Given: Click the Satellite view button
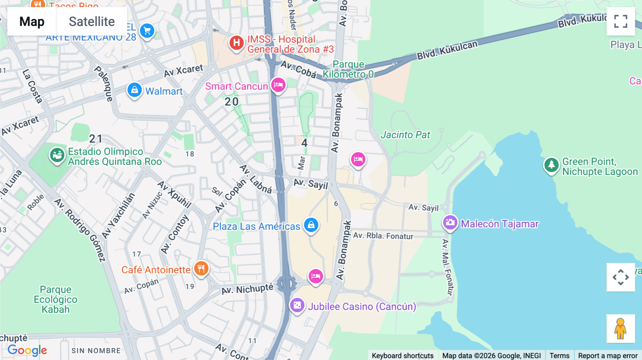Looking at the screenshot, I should [x=92, y=21].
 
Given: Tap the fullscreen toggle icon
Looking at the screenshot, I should [x=621, y=21].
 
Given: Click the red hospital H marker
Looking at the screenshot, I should [x=236, y=43].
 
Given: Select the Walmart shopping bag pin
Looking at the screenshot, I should [x=134, y=90].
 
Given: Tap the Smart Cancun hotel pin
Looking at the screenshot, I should [x=278, y=85].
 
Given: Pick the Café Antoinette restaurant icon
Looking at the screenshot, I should [x=201, y=268].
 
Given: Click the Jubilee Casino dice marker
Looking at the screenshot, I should [x=297, y=305].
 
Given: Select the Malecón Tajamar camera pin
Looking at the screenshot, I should [x=450, y=223].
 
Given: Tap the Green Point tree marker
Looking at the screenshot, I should [x=551, y=165].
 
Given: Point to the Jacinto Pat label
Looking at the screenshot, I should [x=405, y=135].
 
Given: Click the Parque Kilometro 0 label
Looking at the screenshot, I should [x=348, y=69].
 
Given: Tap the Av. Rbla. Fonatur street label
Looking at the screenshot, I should [x=383, y=236].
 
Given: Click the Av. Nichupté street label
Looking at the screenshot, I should [x=247, y=289].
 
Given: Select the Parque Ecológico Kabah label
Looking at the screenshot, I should [x=55, y=299].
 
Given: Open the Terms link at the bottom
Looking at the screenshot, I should [x=559, y=355].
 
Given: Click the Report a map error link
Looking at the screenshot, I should [x=608, y=355].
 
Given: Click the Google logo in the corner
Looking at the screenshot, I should [x=27, y=350].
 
